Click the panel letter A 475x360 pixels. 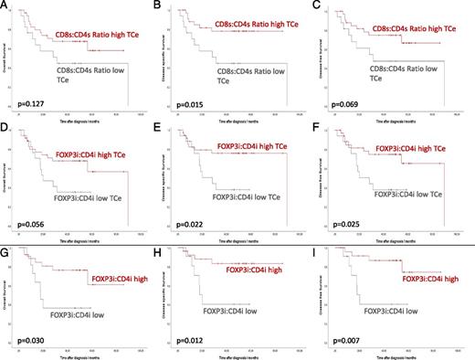click(x=6, y=6)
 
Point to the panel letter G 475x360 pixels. click(x=6, y=241)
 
